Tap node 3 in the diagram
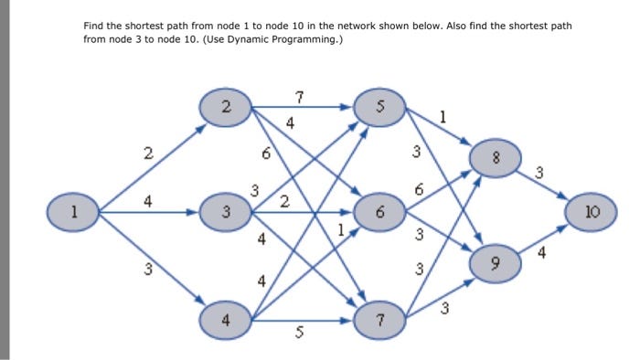coord(226,213)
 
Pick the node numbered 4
coord(226,320)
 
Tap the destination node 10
coord(591,213)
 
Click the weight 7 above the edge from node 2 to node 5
coord(300,96)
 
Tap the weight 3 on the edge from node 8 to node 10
coord(539,171)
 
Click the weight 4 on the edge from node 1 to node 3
coord(146,200)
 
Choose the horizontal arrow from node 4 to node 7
coord(302,321)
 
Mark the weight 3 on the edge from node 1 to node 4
coord(146,270)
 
